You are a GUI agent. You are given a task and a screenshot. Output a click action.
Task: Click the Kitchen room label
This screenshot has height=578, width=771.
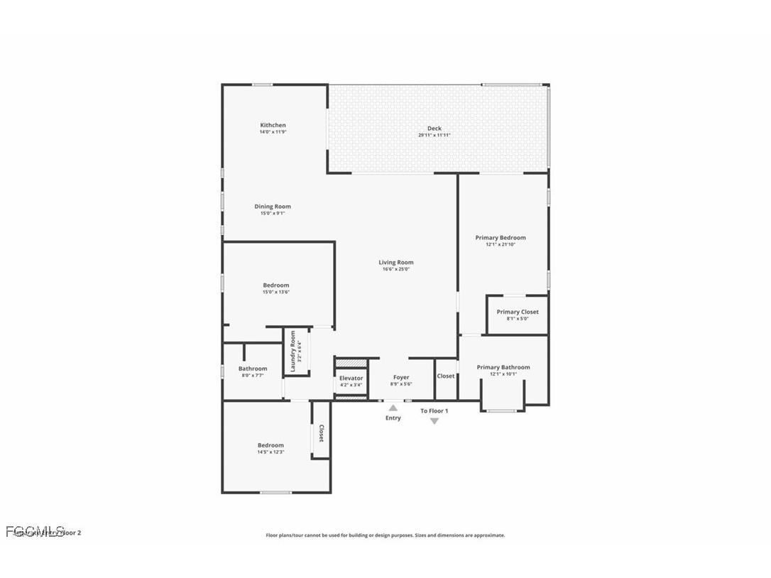pos(273,125)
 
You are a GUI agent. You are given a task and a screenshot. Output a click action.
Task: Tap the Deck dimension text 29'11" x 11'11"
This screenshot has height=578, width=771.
pos(434,135)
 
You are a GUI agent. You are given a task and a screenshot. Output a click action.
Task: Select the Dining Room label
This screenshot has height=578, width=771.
pos(273,207)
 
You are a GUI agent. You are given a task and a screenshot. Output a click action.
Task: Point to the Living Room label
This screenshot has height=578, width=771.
pos(395,262)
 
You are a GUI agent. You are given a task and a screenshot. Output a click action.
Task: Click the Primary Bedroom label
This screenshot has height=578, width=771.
pos(501,238)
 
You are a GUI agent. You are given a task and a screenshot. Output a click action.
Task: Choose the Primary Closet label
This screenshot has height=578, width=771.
pos(517,312)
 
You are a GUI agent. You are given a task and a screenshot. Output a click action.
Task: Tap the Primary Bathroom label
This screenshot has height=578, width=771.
pos(503,367)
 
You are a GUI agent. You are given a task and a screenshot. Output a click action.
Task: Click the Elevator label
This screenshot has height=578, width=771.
pos(351,378)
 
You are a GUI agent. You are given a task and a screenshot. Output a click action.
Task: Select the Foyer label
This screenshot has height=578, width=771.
pos(401,377)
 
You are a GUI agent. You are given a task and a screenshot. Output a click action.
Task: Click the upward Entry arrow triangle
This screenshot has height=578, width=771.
pos(393,408)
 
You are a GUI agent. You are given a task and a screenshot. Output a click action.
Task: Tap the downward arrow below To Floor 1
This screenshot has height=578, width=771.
pos(434,421)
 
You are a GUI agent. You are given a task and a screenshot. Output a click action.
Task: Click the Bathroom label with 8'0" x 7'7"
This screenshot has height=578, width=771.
pos(253,369)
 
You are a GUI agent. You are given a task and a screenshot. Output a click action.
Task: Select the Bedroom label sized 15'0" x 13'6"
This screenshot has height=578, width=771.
pos(276,285)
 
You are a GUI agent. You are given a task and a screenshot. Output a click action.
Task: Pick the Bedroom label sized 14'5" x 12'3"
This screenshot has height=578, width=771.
pos(270,445)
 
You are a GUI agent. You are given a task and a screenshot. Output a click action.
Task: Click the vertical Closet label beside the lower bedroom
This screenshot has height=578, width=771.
pos(321,433)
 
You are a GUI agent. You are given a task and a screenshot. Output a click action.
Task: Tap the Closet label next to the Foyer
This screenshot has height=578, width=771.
pos(446,376)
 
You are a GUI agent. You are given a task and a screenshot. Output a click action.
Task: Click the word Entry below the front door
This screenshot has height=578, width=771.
pos(393,418)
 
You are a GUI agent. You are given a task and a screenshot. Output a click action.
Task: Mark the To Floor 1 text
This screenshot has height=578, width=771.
pos(434,410)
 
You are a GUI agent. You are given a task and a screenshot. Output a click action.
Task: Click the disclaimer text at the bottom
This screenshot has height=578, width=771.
pos(385,535)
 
